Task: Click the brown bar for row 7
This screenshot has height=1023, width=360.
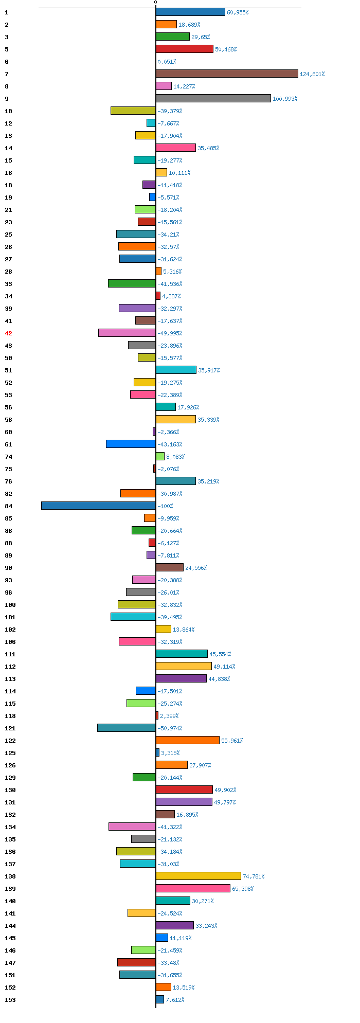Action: point(227,74)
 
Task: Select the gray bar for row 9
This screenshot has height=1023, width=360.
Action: point(213,99)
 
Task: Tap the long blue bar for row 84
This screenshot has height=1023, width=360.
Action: point(98,506)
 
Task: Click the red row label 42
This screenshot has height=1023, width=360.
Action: point(8,333)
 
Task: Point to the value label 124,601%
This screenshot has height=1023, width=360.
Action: point(312,74)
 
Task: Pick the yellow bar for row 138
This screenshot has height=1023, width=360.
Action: point(199,876)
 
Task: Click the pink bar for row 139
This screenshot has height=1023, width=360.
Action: point(193,889)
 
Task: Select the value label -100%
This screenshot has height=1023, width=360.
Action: point(165,506)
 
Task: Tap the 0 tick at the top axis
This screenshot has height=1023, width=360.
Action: point(156,3)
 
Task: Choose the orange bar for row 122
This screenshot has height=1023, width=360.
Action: point(188,741)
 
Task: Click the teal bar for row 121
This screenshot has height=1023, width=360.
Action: point(127,728)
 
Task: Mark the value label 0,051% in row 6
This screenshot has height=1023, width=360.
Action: point(167,62)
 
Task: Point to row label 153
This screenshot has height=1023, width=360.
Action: point(10,1000)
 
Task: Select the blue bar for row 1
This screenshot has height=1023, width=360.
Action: point(190,12)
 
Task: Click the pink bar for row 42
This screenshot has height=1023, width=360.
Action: point(127,333)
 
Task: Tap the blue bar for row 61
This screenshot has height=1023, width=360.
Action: point(131,444)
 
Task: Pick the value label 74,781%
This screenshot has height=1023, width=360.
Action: point(254,876)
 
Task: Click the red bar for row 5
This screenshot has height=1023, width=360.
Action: point(185,49)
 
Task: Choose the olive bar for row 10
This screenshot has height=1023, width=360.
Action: point(133,111)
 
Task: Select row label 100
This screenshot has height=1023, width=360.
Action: point(10,605)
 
